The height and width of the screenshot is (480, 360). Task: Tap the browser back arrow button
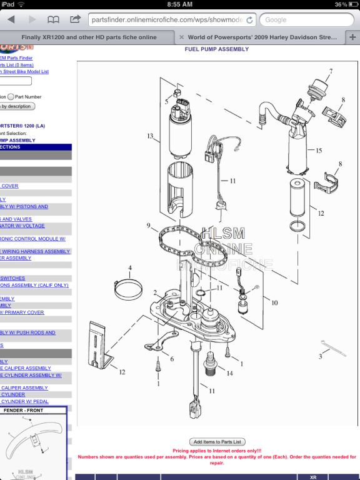(11, 19)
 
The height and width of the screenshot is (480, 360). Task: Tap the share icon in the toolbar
(75, 19)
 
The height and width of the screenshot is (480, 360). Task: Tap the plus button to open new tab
(352, 37)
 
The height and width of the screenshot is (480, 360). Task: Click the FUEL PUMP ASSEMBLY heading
(216, 49)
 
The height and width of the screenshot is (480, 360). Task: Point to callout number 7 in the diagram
(331, 71)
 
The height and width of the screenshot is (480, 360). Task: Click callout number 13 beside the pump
(150, 136)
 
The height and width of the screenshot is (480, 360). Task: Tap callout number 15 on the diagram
(319, 151)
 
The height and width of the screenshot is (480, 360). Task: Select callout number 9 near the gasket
(149, 225)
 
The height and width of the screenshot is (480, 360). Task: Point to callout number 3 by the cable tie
(321, 356)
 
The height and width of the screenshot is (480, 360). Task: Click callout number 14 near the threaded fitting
(230, 373)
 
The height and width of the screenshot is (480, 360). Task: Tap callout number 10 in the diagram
(274, 302)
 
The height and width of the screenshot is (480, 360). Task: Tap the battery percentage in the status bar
(341, 4)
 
